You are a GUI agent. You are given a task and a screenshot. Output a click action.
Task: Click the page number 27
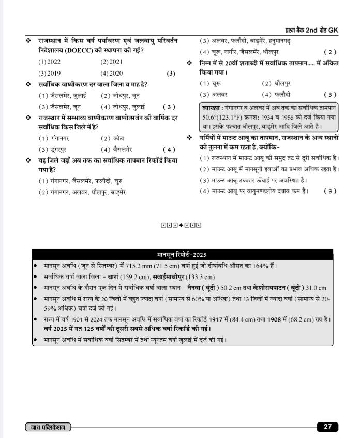point(327,427)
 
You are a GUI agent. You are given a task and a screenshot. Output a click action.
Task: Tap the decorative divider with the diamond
point(181,225)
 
